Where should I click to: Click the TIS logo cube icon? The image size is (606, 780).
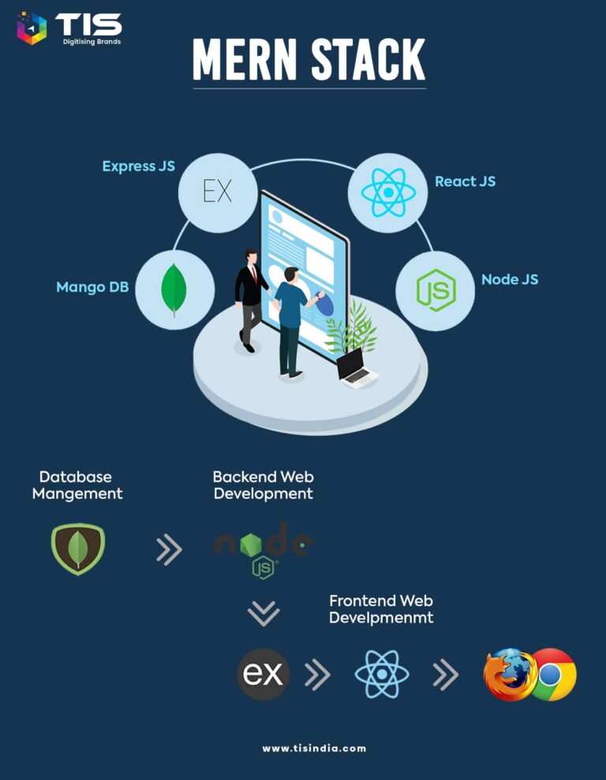click(32, 28)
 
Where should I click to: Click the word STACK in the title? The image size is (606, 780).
click(368, 60)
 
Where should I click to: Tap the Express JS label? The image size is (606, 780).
click(139, 166)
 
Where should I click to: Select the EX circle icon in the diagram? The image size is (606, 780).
click(218, 193)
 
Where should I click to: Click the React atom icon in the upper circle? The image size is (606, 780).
click(388, 193)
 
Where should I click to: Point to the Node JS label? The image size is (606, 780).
click(510, 279)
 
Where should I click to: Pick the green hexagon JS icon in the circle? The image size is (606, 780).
click(436, 290)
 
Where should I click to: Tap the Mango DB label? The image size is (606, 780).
click(92, 287)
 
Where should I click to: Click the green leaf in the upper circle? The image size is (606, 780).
click(174, 290)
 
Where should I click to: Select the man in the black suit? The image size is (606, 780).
click(252, 301)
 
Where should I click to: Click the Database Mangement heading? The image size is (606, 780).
click(77, 485)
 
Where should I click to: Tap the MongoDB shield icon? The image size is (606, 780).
click(78, 549)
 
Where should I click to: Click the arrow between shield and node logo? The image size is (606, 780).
click(169, 549)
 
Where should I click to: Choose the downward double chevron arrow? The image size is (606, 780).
click(264, 613)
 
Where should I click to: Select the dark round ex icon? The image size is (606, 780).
click(263, 674)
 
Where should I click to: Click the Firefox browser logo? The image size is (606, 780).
click(509, 674)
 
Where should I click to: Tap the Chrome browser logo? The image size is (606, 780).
click(552, 674)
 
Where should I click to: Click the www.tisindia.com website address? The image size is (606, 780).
click(314, 748)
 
